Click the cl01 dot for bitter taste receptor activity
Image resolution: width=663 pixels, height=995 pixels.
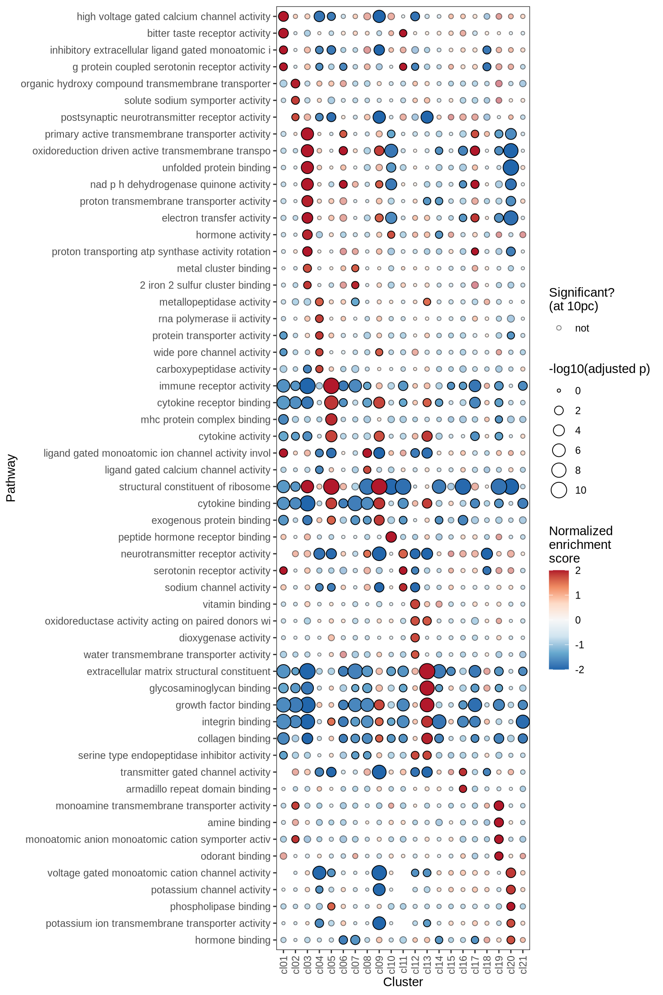(283, 33)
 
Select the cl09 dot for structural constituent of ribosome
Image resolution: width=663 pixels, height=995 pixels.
(379, 487)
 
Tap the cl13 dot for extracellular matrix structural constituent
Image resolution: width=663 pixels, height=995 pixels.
(427, 672)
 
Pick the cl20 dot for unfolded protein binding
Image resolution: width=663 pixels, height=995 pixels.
(511, 168)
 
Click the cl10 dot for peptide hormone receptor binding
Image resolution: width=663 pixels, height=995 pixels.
(391, 537)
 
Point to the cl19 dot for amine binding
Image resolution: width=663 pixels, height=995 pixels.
(499, 822)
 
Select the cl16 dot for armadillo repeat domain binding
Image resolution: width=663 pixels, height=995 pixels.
(463, 789)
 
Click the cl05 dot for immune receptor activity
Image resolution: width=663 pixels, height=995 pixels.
(331, 386)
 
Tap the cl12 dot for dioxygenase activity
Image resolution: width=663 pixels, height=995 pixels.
(415, 637)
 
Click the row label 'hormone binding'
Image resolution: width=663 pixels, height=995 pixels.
(232, 940)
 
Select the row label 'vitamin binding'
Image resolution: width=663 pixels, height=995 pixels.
(236, 604)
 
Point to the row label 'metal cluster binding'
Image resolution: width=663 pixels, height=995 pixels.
(223, 268)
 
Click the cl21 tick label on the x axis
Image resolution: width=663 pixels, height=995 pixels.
(523, 964)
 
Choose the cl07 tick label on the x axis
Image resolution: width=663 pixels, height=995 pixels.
(356, 964)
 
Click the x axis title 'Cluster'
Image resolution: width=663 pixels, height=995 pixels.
(403, 982)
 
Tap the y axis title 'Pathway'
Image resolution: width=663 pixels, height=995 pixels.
(11, 478)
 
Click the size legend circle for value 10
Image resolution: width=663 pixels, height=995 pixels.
(559, 490)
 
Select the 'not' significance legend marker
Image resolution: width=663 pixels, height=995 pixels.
(559, 328)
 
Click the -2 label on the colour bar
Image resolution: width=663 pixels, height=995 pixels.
(580, 670)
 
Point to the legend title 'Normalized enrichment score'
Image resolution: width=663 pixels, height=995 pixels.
(581, 544)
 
